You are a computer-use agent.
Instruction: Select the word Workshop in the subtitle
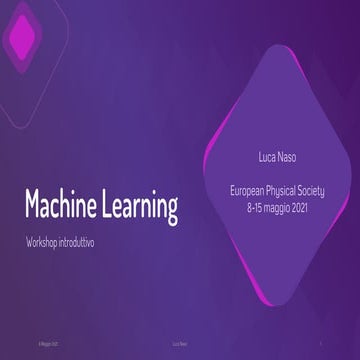[x=45, y=243]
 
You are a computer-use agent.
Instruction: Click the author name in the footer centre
[x=180, y=340]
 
